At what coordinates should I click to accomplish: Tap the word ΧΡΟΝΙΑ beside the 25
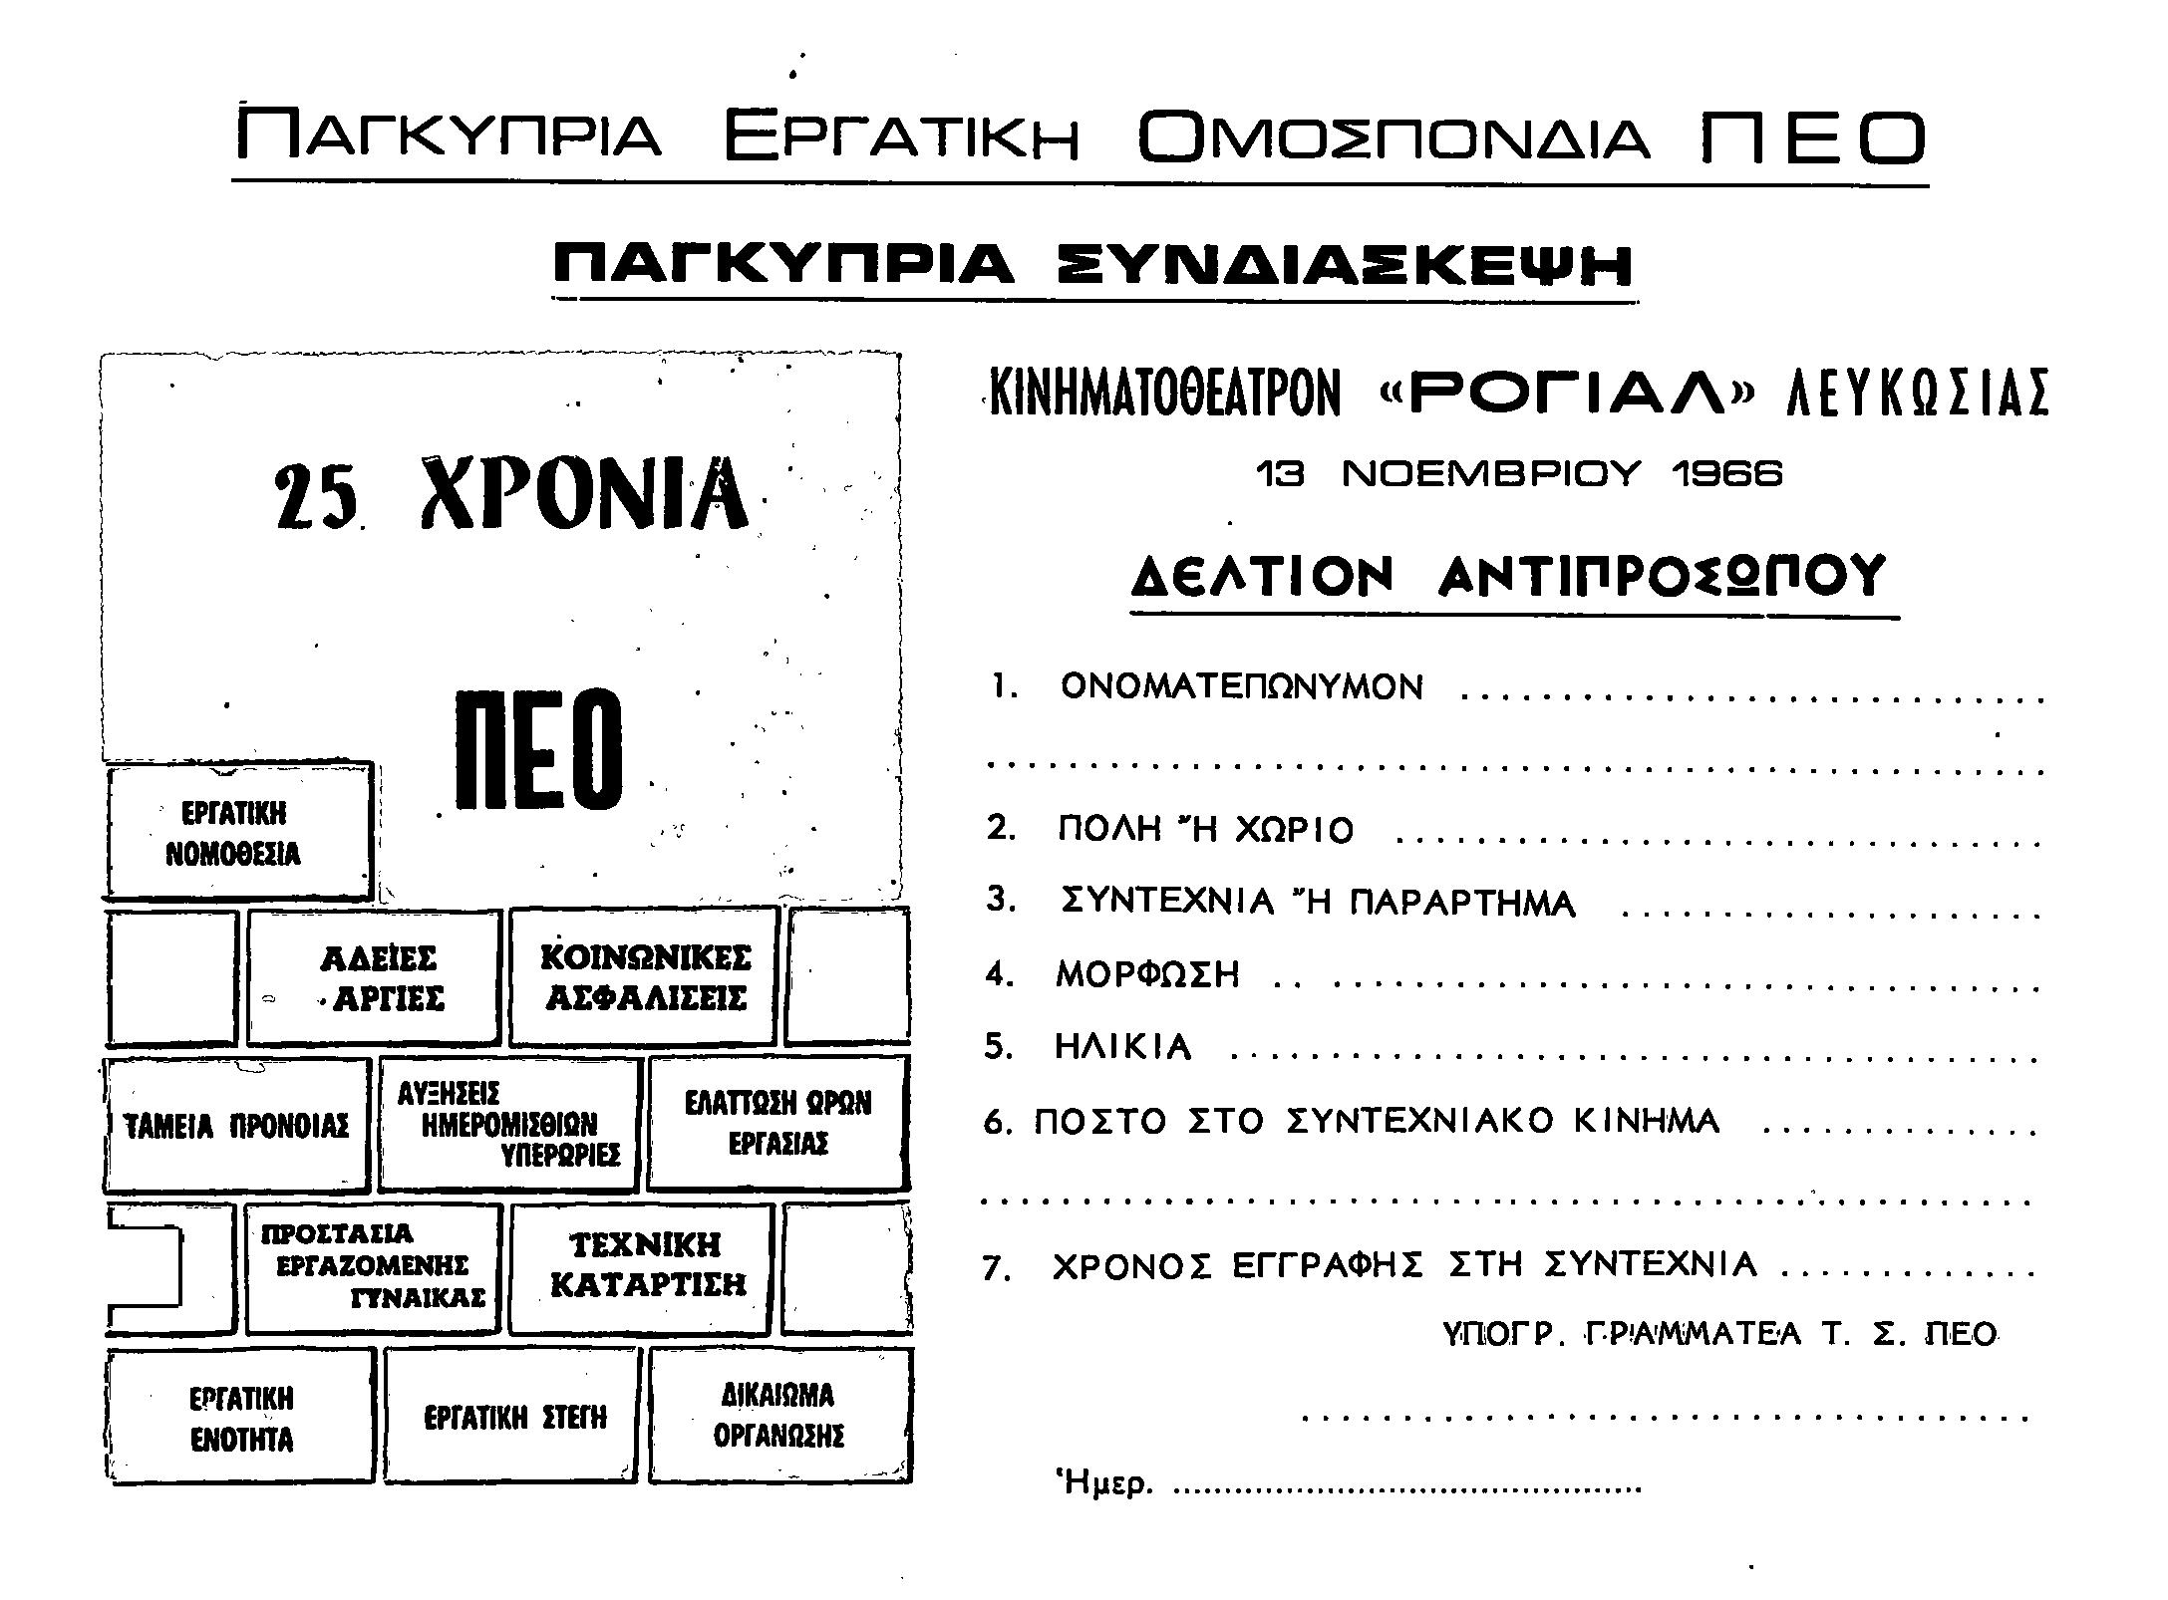tap(584, 495)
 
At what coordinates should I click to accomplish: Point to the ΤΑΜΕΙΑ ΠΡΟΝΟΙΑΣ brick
tap(236, 1126)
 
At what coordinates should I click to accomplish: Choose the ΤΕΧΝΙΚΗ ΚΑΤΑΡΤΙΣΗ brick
tap(645, 1265)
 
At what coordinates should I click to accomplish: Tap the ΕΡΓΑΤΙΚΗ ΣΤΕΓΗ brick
tap(513, 1418)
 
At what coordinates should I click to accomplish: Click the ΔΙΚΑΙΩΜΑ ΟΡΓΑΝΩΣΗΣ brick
tap(778, 1416)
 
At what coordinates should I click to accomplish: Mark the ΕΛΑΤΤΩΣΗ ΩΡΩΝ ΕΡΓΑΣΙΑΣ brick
tap(777, 1123)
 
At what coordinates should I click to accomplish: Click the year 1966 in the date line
tap(1726, 474)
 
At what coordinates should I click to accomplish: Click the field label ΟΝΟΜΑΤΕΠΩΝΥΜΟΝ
tap(1242, 687)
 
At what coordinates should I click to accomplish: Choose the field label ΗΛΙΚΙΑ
tap(1123, 1047)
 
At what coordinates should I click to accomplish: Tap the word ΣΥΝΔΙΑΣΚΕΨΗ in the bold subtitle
tap(1345, 266)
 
